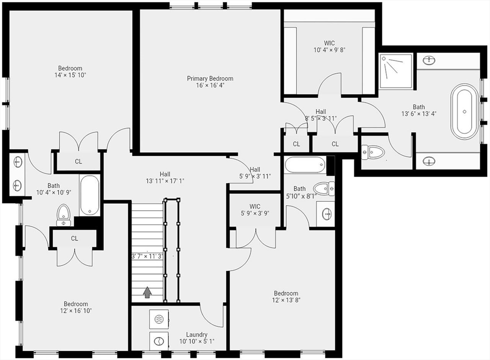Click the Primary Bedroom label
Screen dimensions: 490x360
pyautogui.click(x=210, y=78)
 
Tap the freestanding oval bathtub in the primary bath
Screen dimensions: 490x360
pyautogui.click(x=464, y=111)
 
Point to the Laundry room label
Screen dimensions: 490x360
pyautogui.click(x=197, y=334)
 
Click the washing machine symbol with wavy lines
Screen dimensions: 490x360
pyautogui.click(x=159, y=319)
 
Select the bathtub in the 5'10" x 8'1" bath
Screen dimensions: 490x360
pyautogui.click(x=305, y=164)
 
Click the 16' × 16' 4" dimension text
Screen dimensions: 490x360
pyautogui.click(x=211, y=85)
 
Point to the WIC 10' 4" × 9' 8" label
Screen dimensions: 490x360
pyautogui.click(x=329, y=46)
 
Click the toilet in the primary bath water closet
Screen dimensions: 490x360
pyautogui.click(x=373, y=152)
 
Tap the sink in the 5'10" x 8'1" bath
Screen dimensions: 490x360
pyautogui.click(x=326, y=214)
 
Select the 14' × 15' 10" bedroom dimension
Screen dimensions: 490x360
pyautogui.click(x=70, y=75)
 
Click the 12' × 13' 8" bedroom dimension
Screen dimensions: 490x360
pyautogui.click(x=286, y=300)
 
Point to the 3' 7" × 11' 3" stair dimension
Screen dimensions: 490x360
pyautogui.click(x=147, y=256)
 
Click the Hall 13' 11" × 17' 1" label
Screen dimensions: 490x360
pyautogui.click(x=165, y=177)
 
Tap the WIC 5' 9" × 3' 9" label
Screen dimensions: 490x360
pyautogui.click(x=255, y=210)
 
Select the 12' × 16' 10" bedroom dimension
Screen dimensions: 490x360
pyautogui.click(x=76, y=311)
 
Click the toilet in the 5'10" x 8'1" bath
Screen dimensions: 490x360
pyautogui.click(x=324, y=189)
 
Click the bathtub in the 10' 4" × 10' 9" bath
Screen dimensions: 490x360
pyautogui.click(x=89, y=195)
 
